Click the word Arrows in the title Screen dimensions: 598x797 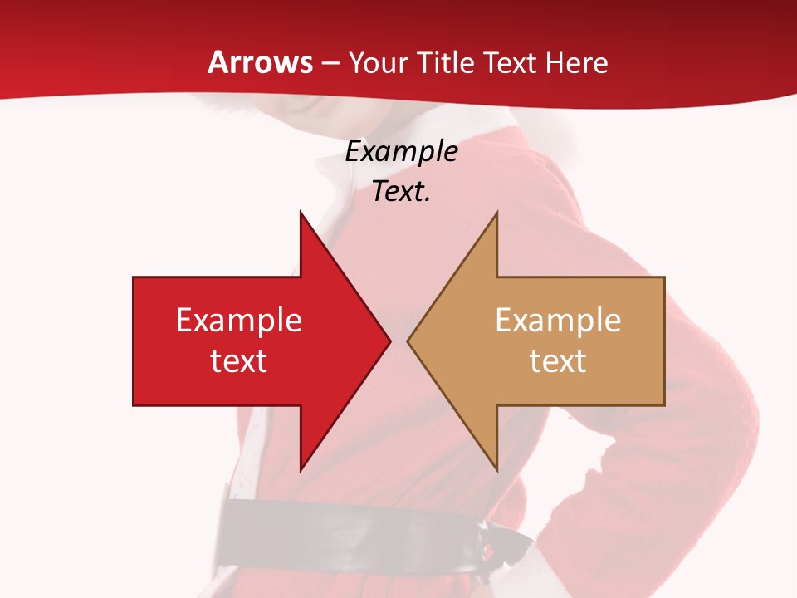(x=261, y=63)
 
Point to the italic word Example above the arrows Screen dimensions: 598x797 (x=401, y=152)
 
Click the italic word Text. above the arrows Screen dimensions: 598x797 (x=401, y=192)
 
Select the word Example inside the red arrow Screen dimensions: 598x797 (x=239, y=321)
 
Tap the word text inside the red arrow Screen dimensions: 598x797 (x=239, y=361)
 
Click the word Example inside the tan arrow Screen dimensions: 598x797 (x=558, y=321)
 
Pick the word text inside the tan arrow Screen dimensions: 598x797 (x=558, y=361)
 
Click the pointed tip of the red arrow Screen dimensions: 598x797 (x=389, y=341)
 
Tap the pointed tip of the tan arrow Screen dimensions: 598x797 (x=409, y=341)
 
